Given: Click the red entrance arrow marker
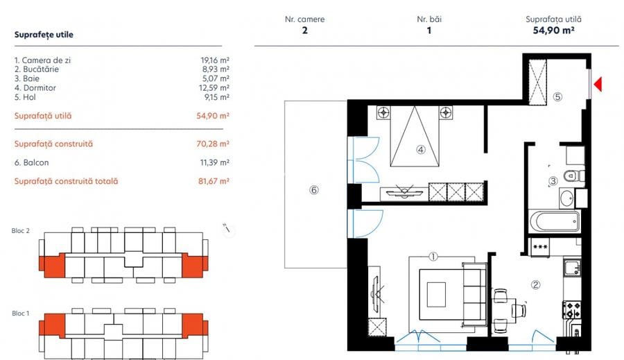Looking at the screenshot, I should pos(598,85).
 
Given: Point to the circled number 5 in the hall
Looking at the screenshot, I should pos(557,97).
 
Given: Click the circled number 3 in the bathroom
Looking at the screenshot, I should pos(553,182).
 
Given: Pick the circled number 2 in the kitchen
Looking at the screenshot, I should pos(535,284).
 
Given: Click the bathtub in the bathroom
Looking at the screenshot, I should pos(554,223).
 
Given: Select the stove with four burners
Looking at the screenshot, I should pos(572,309).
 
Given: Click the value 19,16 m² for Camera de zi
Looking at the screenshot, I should pos(214,60).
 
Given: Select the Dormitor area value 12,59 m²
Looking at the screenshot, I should pos(214,88).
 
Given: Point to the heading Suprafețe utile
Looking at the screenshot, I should pos(44,34).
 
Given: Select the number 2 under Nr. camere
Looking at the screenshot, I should pos(304,31).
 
